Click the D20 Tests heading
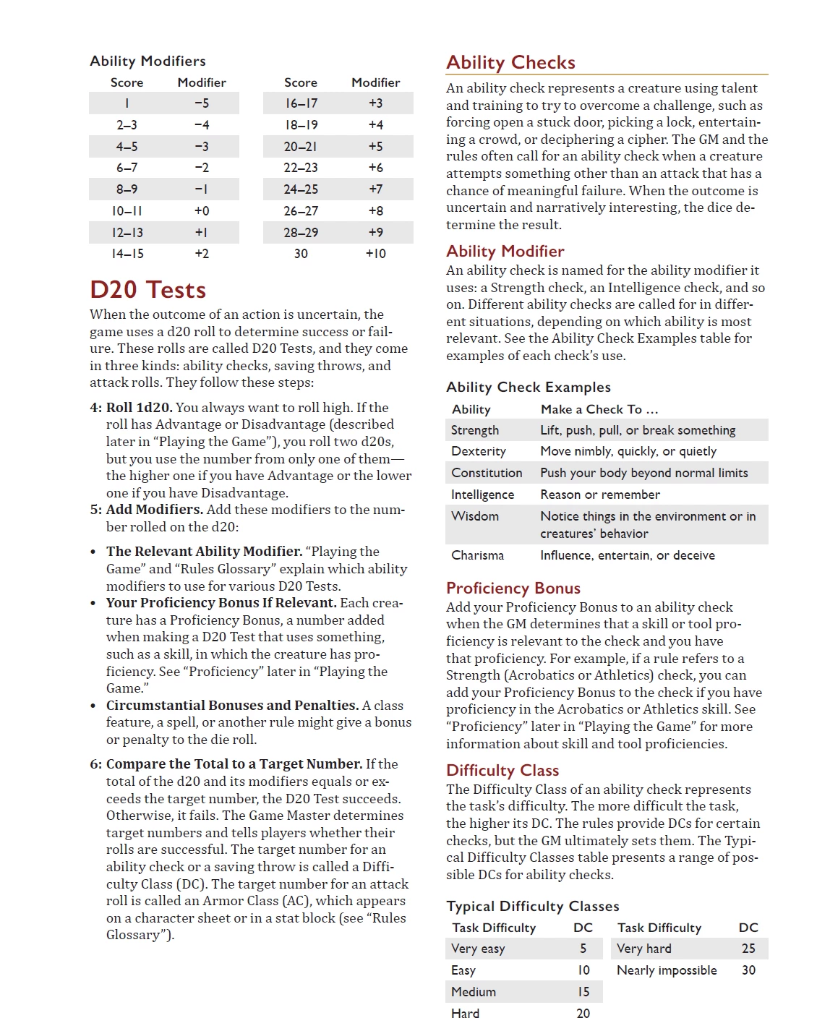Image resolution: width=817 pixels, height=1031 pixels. click(x=147, y=290)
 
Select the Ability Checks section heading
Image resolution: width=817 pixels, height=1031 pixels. click(x=510, y=63)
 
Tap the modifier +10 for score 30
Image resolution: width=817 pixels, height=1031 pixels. click(x=375, y=254)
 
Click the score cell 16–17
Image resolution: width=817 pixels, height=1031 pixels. click(x=301, y=103)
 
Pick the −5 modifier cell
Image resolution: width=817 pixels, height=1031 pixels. click(x=202, y=103)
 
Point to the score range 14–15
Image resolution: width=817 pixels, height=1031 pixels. click(x=127, y=254)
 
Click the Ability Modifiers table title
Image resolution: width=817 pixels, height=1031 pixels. click(x=147, y=61)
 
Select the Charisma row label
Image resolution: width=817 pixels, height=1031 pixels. click(x=477, y=555)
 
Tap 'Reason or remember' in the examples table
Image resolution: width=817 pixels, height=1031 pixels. click(x=600, y=495)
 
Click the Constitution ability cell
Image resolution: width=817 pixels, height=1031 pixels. click(x=487, y=473)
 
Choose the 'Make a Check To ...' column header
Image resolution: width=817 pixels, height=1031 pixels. click(x=599, y=409)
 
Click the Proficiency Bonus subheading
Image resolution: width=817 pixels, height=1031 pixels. click(x=513, y=589)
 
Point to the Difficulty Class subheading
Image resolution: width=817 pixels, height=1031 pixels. click(x=502, y=771)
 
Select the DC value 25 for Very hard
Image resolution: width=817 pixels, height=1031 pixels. click(x=748, y=949)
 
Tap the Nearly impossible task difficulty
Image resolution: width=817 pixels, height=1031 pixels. click(x=667, y=970)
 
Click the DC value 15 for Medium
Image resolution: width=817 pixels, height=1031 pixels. click(x=583, y=992)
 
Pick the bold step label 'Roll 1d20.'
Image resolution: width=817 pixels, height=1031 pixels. click(x=140, y=408)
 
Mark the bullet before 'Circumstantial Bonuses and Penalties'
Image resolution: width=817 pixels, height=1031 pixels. click(x=93, y=706)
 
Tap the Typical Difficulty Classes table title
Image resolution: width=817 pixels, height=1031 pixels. click(x=533, y=907)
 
